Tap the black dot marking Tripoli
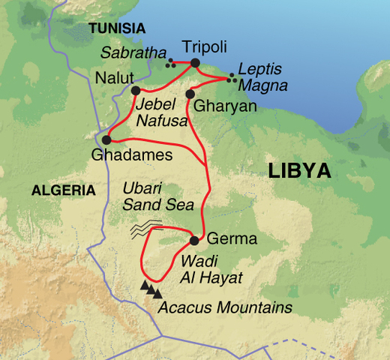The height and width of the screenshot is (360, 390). coord(196,63)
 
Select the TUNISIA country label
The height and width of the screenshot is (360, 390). coord(116,28)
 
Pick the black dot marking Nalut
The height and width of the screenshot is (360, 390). coord(136,90)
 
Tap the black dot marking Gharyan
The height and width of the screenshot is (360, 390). coord(190,94)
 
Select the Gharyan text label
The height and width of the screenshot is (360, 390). coord(225,107)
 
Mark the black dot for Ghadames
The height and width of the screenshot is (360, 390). coord(106,139)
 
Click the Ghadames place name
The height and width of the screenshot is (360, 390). coord(131,155)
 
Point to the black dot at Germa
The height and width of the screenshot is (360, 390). coord(194,241)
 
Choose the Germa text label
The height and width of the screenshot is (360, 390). coord(231,240)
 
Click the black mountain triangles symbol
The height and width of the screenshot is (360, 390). coord(151,288)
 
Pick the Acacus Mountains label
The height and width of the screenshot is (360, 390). coord(224,307)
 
